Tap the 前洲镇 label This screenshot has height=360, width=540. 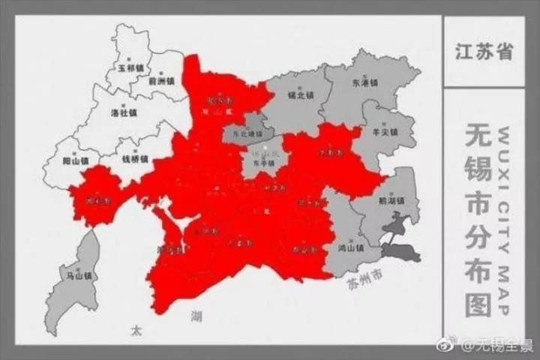[x=160, y=81]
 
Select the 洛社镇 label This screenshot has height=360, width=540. [x=124, y=112]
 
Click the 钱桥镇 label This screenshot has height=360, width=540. [x=136, y=160]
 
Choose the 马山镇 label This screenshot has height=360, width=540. [x=77, y=275]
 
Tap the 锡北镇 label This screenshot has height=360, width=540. [x=301, y=96]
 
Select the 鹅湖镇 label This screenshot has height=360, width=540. [x=393, y=201]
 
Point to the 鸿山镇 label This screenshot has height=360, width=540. [x=350, y=247]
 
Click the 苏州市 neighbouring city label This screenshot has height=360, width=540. [x=364, y=280]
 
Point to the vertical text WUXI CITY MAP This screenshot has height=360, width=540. [x=503, y=220]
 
